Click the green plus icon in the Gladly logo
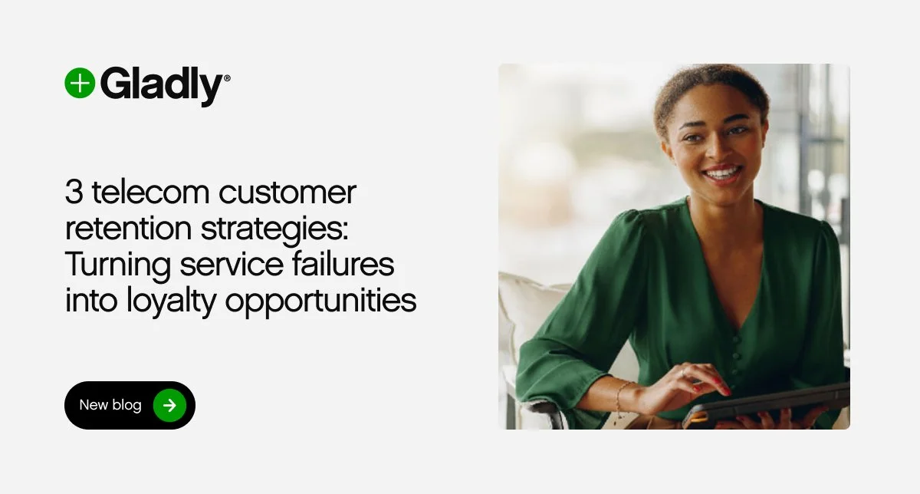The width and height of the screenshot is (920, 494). [80, 83]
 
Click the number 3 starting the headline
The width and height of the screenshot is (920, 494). [74, 193]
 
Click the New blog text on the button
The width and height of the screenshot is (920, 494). [110, 405]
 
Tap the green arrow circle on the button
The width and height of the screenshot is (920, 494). [169, 405]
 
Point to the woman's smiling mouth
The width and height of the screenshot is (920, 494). [721, 173]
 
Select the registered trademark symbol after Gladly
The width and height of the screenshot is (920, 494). [226, 77]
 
